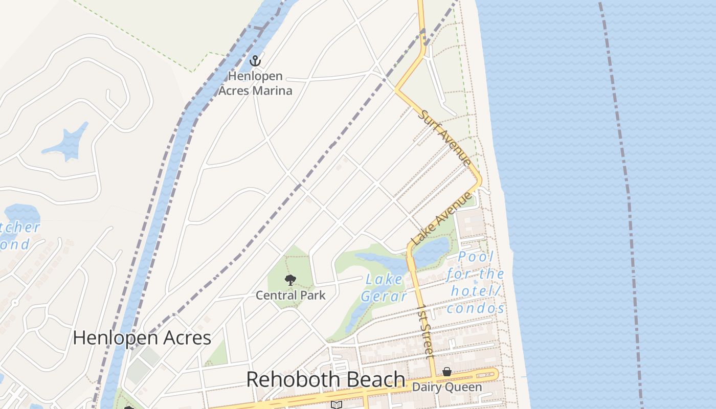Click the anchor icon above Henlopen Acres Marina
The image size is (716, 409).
click(x=255, y=61)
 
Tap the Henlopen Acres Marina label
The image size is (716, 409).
click(x=255, y=84)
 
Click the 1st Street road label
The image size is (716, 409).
click(x=426, y=331)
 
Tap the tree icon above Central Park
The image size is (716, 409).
click(x=290, y=280)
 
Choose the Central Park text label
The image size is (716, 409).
click(x=290, y=295)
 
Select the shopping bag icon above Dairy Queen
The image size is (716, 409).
click(x=447, y=372)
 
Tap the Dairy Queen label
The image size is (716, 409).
click(x=447, y=387)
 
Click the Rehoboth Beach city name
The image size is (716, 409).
click(x=326, y=380)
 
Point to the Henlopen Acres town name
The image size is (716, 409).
click(x=142, y=337)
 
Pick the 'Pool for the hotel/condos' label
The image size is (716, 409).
click(x=475, y=282)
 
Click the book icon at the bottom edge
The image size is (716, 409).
click(x=336, y=405)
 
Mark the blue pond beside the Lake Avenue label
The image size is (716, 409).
click(x=433, y=252)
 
